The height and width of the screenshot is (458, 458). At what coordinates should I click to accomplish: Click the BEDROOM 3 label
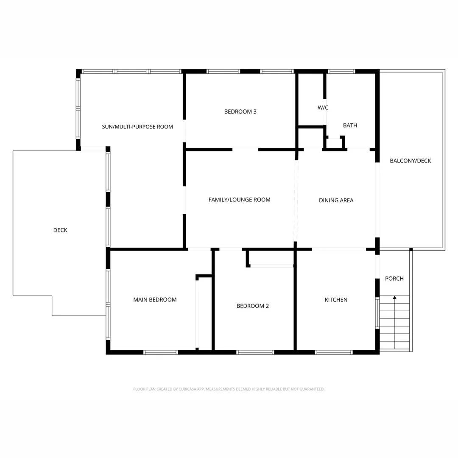tap(240, 112)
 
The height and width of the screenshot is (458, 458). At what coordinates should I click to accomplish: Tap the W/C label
tap(323, 108)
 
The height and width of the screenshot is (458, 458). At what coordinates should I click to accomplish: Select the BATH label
tap(350, 126)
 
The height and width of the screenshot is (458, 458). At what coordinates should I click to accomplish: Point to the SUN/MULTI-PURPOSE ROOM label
tap(137, 127)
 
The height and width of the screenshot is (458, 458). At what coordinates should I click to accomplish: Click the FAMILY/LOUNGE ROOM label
tap(239, 200)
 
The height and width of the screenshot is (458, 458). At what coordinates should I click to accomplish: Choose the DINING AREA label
tap(336, 201)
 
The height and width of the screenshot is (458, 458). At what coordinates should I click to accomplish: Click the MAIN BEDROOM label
tap(155, 300)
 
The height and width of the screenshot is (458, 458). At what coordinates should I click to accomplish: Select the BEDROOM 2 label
tap(252, 306)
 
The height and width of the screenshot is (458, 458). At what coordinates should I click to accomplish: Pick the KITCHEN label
tap(336, 300)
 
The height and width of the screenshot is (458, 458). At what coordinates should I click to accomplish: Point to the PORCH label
tap(394, 279)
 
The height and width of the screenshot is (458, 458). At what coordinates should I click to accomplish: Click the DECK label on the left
tap(60, 230)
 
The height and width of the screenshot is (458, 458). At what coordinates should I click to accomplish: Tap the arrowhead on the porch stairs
tap(394, 298)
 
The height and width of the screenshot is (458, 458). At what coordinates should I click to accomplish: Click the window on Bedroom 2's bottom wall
tap(255, 352)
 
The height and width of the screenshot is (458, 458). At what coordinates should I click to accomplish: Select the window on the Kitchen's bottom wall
tap(334, 352)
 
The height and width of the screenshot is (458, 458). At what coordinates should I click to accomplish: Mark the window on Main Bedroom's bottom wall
tap(160, 352)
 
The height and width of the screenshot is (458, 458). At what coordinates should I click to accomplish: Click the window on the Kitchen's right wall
tap(377, 313)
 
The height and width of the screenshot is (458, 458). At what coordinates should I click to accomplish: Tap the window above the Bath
tap(341, 71)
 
